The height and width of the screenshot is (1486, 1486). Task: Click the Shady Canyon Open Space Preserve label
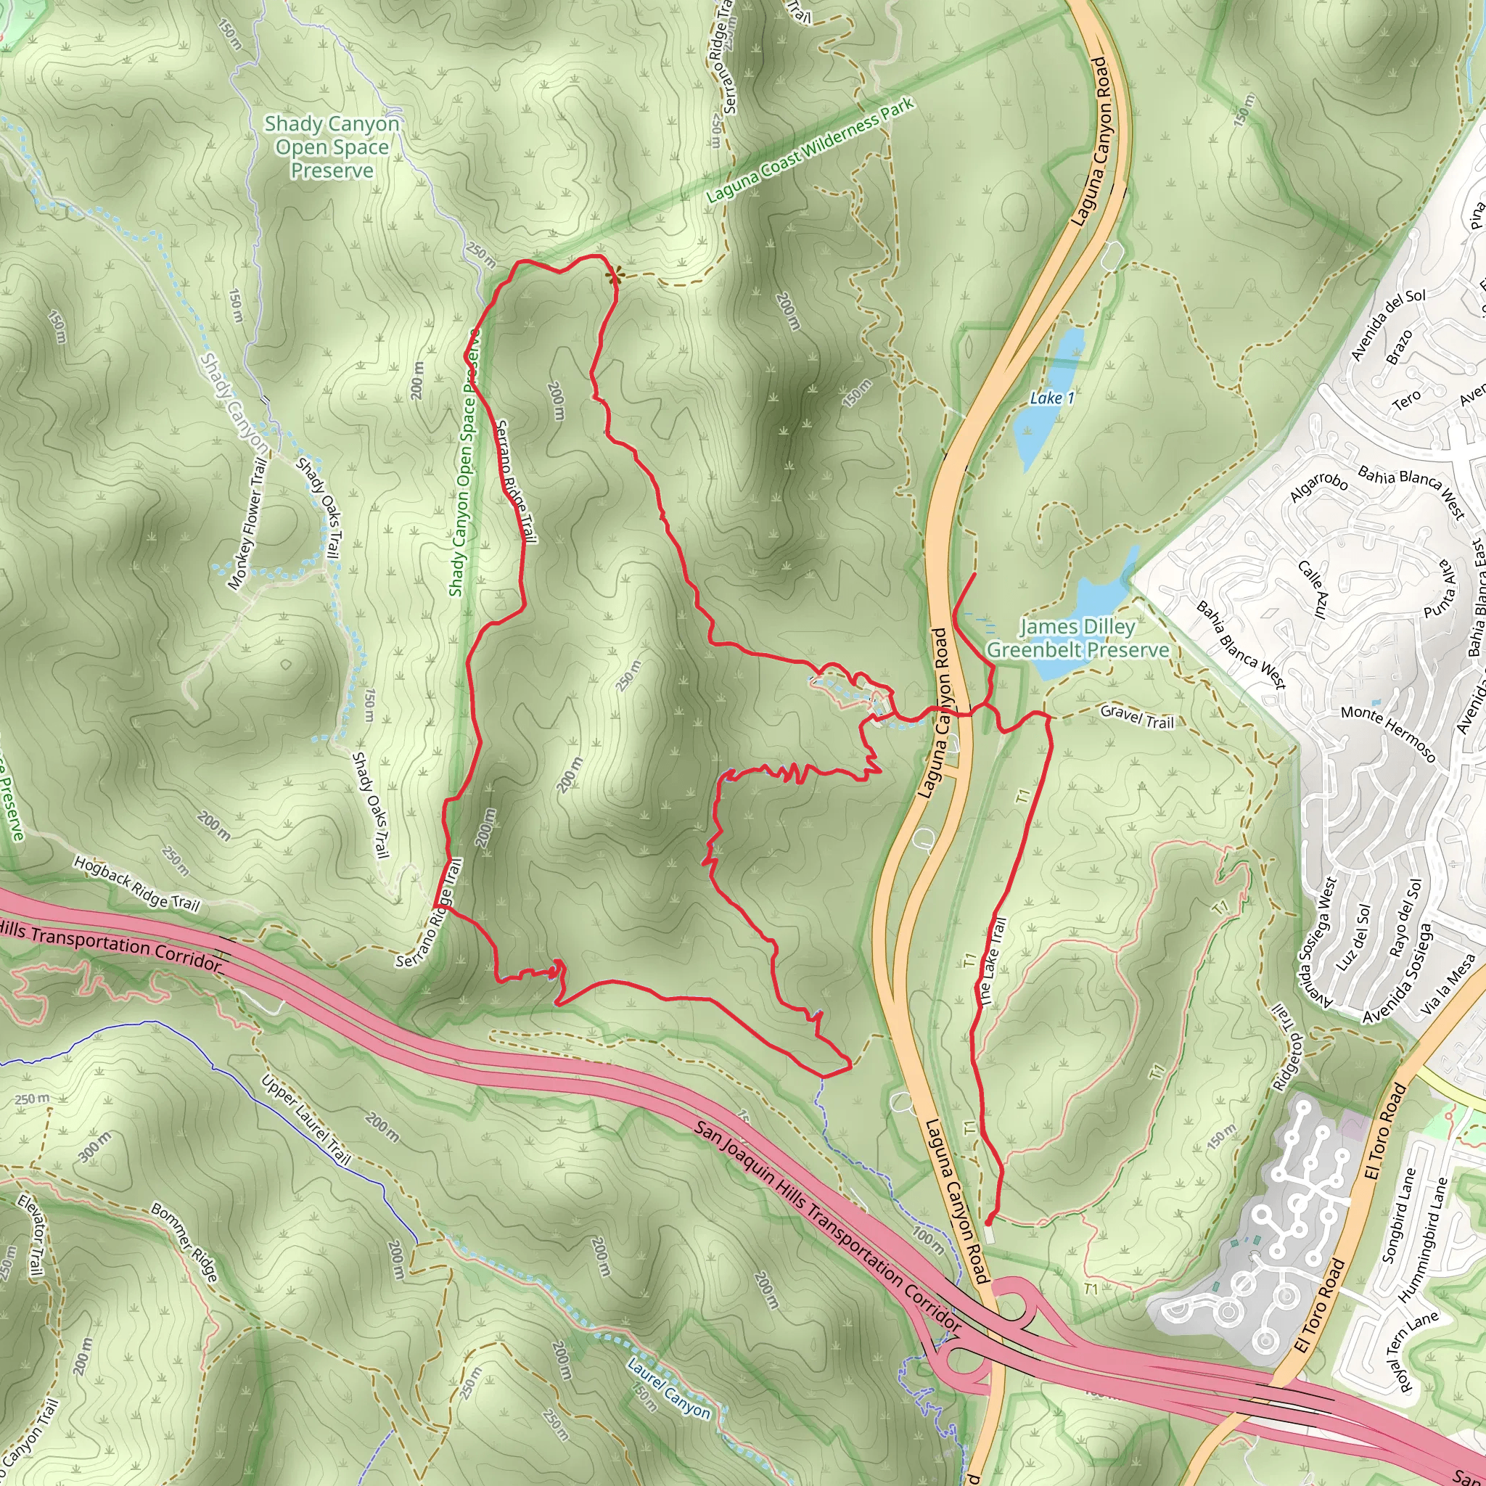coord(332,147)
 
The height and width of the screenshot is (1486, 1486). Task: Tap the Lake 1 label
coord(1051,398)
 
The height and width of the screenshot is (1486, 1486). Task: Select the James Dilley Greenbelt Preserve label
coord(1077,639)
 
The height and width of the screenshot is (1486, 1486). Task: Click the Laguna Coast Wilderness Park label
coord(810,150)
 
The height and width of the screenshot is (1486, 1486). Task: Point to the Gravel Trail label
coord(1137,716)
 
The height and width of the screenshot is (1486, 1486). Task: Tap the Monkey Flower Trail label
coord(247,523)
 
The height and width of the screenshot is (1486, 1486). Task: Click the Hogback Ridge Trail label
coord(137,884)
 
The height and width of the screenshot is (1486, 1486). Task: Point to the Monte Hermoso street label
coord(1388,733)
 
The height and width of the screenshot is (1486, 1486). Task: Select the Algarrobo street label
coord(1318,486)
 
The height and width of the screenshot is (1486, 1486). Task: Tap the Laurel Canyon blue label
coord(668,1389)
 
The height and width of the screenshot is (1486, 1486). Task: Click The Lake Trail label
coord(990,961)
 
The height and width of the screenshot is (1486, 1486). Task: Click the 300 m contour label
coord(94,1146)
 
